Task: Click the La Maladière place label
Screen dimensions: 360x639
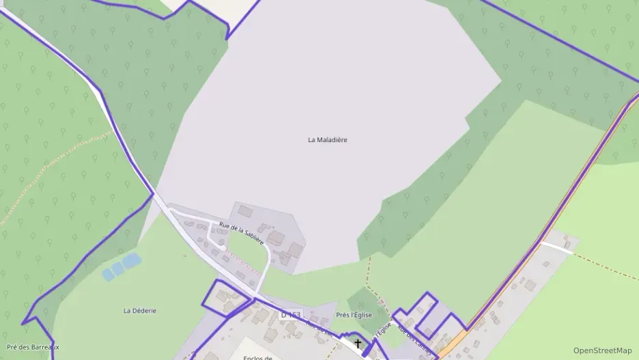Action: [328, 140]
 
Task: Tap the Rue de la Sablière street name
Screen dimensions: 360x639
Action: [242, 234]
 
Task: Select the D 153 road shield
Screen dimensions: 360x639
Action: [291, 315]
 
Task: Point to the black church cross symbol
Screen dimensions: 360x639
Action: [357, 344]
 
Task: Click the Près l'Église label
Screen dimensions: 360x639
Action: [354, 315]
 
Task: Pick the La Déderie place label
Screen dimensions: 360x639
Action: [140, 311]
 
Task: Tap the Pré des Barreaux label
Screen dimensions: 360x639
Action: [33, 347]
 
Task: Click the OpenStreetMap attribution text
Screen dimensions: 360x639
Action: [602, 350]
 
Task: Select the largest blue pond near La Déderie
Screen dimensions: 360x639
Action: [130, 260]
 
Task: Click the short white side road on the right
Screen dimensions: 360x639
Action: [556, 247]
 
